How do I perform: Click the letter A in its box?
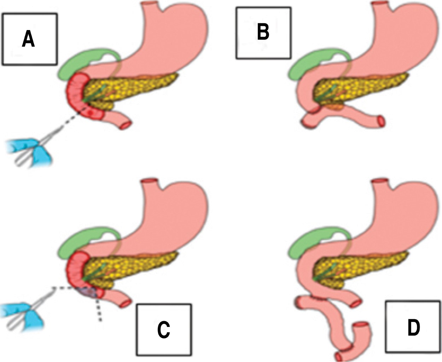pyautogui.click(x=28, y=39)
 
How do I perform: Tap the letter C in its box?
pyautogui.click(x=163, y=329)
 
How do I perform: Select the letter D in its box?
pyautogui.click(x=413, y=327)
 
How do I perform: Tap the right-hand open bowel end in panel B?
pyautogui.click(x=381, y=121)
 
